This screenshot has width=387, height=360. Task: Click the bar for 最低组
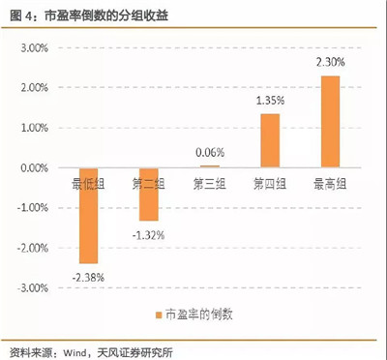(89, 215)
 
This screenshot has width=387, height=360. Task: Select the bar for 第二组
(148, 194)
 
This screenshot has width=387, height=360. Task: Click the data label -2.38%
(87, 278)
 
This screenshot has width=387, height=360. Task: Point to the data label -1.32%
(149, 235)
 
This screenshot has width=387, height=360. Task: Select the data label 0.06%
(208, 152)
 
